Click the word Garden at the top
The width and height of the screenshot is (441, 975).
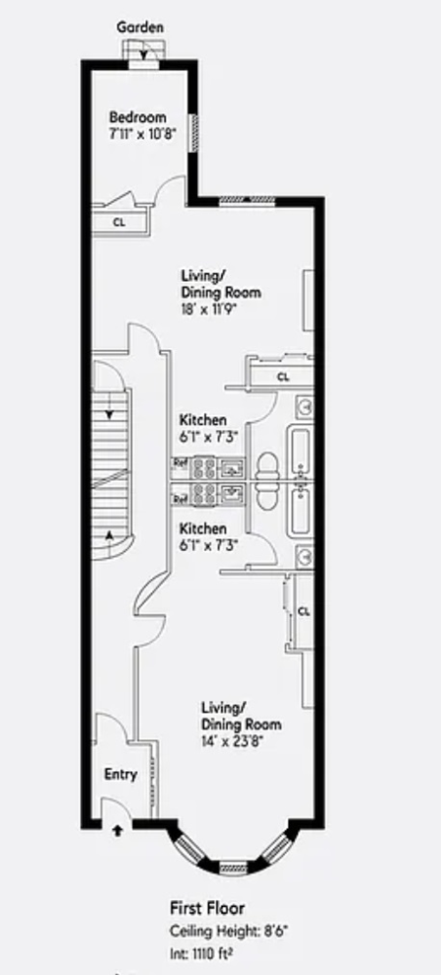(140, 28)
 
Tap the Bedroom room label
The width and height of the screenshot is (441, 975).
(138, 117)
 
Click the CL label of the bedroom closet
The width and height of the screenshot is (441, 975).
(119, 222)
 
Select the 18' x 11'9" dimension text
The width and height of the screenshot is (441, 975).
(210, 308)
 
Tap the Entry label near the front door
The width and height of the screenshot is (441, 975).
(120, 775)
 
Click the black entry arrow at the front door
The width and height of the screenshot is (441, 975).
(117, 831)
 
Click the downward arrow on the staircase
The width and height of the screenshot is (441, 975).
(111, 401)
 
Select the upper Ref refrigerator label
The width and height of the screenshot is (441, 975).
(180, 463)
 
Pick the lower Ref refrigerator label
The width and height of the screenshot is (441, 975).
(180, 499)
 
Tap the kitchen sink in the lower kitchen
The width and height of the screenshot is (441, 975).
(232, 494)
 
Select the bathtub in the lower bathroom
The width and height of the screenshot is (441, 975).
(300, 513)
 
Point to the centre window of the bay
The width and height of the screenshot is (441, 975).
(232, 865)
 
